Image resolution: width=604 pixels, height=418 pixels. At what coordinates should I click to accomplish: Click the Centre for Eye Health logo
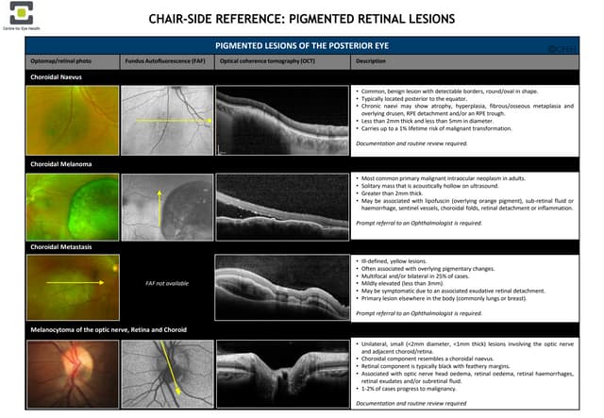(x=21, y=13)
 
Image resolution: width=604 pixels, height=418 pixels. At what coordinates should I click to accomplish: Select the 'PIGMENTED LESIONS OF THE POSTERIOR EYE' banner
(x=302, y=45)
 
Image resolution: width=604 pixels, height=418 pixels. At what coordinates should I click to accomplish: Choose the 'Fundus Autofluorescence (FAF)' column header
(x=165, y=61)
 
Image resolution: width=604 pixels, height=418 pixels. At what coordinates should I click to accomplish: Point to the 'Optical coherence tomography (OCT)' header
(x=267, y=61)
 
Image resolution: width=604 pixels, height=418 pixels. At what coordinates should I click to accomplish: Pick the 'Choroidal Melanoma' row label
(x=59, y=164)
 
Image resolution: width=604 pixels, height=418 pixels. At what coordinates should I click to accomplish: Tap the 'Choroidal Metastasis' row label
(x=59, y=244)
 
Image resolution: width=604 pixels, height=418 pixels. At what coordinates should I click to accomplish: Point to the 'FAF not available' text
(x=167, y=282)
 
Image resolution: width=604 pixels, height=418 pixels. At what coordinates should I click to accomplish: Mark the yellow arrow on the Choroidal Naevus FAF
(x=171, y=122)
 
